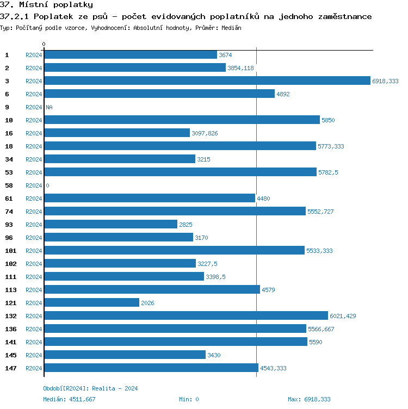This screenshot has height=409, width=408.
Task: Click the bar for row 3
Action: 207,81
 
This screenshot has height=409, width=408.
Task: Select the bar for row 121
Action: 92,303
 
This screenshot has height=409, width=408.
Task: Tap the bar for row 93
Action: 111,225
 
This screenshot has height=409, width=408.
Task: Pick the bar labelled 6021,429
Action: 186,316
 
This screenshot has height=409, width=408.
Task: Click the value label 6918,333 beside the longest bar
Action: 385,81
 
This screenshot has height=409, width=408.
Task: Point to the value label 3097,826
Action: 205,133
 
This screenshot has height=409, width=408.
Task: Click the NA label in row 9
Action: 49,107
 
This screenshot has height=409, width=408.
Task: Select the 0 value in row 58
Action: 47,185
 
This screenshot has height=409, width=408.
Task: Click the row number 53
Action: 9,172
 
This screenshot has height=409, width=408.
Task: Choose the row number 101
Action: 11,251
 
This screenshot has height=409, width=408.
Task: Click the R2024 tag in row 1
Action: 34,55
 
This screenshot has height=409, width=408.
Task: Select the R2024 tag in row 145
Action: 34,355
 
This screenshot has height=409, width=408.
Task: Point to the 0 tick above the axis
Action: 44,44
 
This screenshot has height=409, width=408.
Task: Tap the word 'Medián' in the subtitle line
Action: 231,27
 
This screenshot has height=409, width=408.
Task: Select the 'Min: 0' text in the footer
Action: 189,399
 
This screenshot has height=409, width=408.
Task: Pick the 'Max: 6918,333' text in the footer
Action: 309,399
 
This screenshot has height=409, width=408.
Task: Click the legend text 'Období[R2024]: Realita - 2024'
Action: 90,388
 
